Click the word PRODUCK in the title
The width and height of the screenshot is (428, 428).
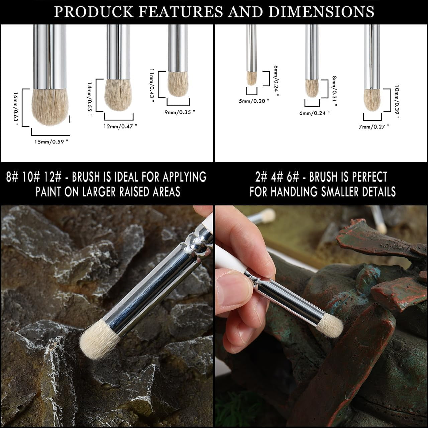94,11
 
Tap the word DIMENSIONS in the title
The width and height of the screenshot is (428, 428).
321,11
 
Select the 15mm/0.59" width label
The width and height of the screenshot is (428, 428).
51,142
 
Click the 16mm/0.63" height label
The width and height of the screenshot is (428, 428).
16,108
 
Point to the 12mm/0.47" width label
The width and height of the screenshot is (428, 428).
120,126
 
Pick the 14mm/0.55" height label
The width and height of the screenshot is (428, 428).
90,99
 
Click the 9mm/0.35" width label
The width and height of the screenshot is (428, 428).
180,112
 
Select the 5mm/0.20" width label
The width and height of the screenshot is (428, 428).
254,101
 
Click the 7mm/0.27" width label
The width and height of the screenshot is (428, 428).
374,127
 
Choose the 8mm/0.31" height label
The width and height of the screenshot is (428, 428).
334,91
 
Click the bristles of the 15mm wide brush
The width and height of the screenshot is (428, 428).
50,107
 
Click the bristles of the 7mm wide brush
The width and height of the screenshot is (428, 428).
372,100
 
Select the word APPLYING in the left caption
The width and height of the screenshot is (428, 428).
185,177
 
